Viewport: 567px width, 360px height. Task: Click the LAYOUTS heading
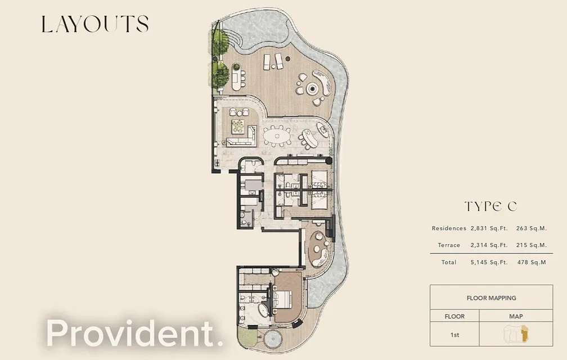[x=94, y=24]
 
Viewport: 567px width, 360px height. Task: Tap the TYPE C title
[x=490, y=206]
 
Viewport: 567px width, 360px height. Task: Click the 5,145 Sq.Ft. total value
[x=489, y=262]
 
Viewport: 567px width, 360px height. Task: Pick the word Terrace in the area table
[x=449, y=245]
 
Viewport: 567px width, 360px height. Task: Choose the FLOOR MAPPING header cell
[x=491, y=298]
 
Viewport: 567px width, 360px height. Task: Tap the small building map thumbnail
[x=516, y=334]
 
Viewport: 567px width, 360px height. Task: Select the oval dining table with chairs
[x=277, y=136]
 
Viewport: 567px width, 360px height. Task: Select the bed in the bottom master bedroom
[x=287, y=299]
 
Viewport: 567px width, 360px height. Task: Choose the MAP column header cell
[x=516, y=316]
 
